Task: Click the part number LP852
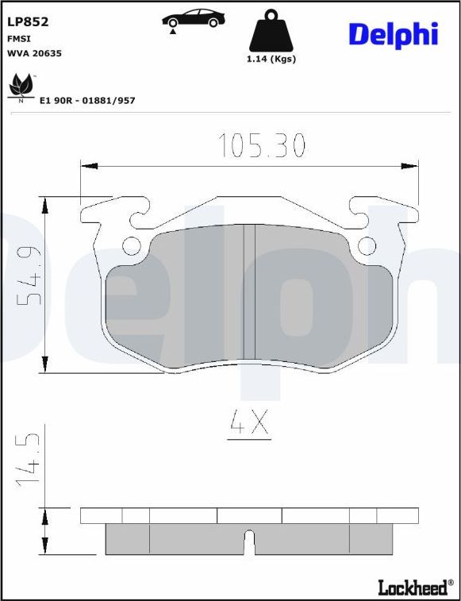(28, 22)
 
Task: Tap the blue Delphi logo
(393, 33)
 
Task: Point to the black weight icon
(271, 31)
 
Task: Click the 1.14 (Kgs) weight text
(271, 60)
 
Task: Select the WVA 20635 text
(34, 53)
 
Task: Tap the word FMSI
(19, 38)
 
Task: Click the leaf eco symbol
(21, 86)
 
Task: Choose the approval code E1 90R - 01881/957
(87, 101)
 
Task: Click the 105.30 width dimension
(262, 145)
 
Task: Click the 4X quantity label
(249, 425)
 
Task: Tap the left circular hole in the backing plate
(131, 246)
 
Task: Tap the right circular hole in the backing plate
(366, 246)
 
